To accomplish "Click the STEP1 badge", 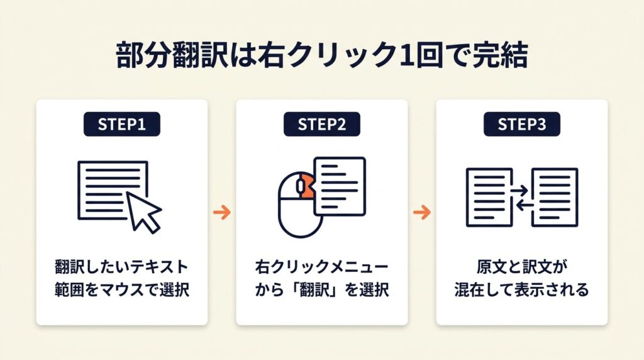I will (x=122, y=125).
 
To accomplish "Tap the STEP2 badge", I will (x=322, y=125).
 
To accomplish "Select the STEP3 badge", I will (x=522, y=125).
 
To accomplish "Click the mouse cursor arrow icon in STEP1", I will (x=143, y=212).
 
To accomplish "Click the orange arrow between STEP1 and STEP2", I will (x=221, y=212).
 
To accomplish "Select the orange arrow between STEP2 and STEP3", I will (x=421, y=212).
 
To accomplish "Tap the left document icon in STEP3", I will (x=488, y=196).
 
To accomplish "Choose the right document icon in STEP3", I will (x=555, y=196).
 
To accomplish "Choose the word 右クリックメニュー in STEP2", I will (x=321, y=267).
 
